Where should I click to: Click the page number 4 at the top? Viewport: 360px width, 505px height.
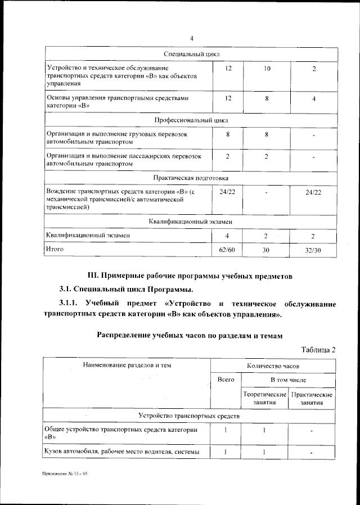[x=191, y=38]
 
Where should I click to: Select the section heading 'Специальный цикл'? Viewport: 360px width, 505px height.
[x=191, y=54]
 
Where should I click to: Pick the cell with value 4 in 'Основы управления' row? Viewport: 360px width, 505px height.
[x=314, y=98]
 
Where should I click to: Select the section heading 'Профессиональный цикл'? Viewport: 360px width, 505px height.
[x=191, y=120]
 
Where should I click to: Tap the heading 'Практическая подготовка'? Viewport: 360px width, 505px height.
[x=191, y=178]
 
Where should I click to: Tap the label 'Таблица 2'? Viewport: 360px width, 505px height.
[x=318, y=349]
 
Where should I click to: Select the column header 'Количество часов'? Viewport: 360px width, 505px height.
[x=273, y=365]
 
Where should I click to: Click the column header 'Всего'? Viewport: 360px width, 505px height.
[x=226, y=380]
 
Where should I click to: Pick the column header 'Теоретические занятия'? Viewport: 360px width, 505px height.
[x=264, y=398]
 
